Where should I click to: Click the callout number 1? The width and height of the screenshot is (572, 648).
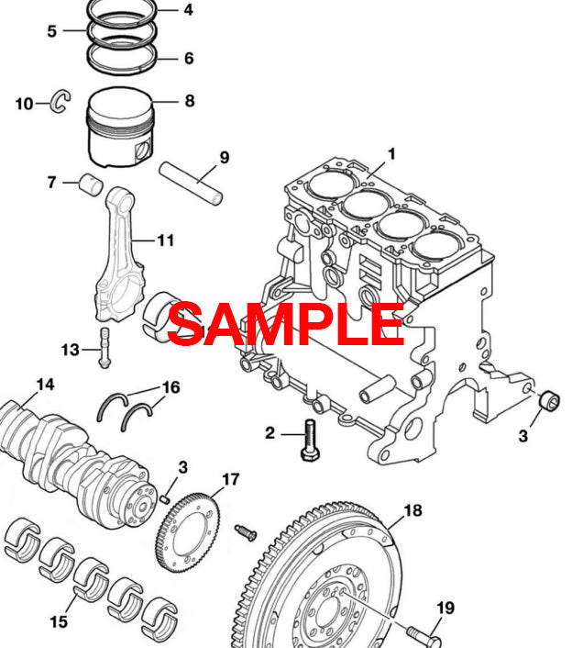(390, 154)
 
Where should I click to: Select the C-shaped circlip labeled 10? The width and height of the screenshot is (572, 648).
(61, 103)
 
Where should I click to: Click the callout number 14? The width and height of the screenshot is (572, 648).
(45, 384)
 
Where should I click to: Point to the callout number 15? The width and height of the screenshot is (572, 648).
(58, 622)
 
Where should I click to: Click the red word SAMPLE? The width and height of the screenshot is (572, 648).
(285, 323)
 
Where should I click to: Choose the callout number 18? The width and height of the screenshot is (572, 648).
(412, 510)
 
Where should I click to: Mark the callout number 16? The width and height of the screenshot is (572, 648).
(170, 386)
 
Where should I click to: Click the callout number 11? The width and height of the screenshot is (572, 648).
(165, 240)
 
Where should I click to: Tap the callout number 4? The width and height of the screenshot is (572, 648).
(188, 10)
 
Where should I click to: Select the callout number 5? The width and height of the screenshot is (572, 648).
(52, 30)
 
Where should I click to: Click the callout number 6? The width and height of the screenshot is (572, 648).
(188, 59)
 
